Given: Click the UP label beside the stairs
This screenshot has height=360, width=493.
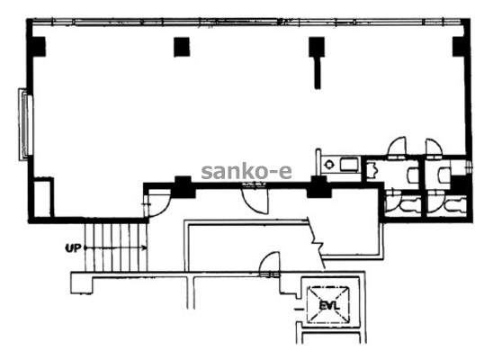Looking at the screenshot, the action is (73, 248).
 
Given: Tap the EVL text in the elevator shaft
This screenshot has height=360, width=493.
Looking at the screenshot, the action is (328, 305).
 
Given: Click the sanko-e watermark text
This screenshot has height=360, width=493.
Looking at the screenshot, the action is (246, 172).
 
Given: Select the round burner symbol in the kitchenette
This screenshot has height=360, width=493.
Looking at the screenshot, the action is (329, 165).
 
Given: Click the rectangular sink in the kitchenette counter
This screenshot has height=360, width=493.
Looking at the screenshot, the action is (349, 165).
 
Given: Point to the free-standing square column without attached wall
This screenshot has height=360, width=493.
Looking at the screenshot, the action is (182, 47).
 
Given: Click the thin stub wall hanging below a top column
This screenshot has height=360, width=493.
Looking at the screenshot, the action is (318, 73).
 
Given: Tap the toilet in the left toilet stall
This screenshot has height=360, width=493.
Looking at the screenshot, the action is (403, 204).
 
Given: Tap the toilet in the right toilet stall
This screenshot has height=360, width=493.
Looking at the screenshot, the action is (447, 204).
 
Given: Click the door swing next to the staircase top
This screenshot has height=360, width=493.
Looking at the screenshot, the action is (157, 204).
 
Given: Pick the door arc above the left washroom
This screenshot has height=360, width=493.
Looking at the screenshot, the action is (397, 147).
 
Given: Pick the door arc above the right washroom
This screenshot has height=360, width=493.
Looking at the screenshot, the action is (434, 147).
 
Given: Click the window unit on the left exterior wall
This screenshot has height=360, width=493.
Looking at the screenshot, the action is (25, 124).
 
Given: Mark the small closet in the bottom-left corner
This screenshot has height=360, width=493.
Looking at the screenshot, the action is (43, 197).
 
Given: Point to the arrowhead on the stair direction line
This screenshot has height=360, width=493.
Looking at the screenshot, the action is (144, 248).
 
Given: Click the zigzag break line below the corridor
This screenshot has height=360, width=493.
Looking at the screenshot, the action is (316, 242).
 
